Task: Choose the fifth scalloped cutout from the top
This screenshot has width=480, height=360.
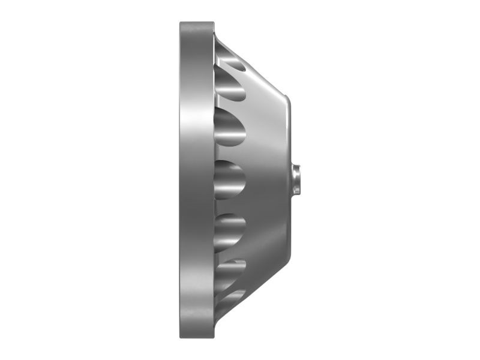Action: (x=231, y=269)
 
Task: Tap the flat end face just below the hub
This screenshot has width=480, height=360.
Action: (x=290, y=225)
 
